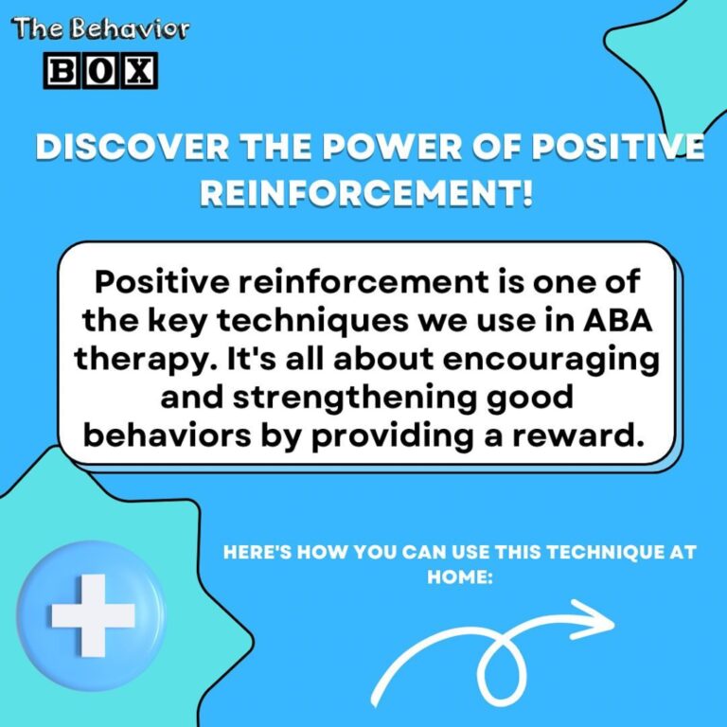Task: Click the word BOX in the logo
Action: click(102, 69)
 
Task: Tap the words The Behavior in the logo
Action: click(101, 28)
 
